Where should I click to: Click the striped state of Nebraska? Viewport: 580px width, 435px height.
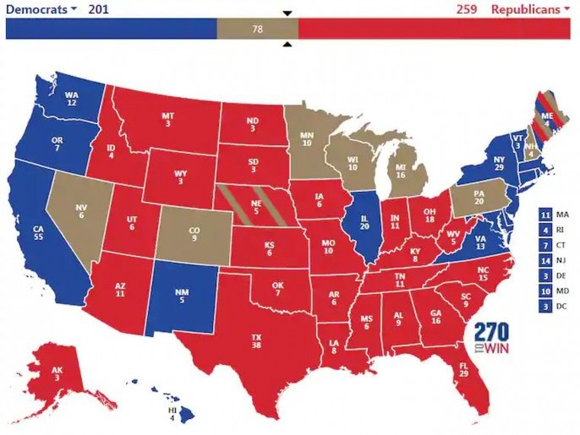(x=256, y=206)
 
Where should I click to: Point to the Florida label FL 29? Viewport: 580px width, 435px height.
(x=463, y=369)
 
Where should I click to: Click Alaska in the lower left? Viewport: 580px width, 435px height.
(x=57, y=373)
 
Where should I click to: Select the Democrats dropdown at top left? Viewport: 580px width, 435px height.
(x=41, y=9)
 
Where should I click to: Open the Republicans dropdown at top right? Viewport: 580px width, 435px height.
(x=530, y=9)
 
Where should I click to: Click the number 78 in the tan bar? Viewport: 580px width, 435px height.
(x=257, y=29)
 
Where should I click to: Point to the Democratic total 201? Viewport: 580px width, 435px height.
(x=98, y=9)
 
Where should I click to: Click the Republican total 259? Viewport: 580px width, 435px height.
(x=466, y=9)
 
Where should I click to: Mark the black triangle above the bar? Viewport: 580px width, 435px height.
(x=287, y=13)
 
